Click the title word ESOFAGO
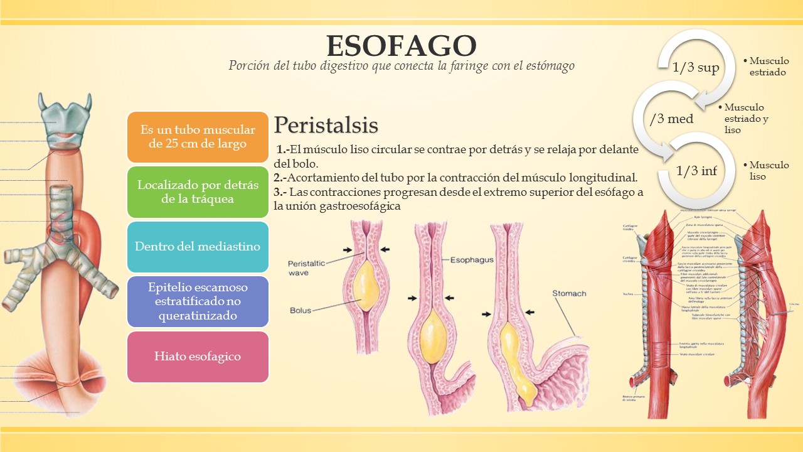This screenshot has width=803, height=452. (401, 46)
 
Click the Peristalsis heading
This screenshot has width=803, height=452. (326, 125)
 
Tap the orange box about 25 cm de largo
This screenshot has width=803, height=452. (198, 136)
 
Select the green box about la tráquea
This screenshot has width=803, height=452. (198, 192)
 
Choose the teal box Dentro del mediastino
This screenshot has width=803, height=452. (198, 246)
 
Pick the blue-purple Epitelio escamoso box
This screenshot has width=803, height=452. (198, 301)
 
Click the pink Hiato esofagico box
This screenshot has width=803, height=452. (198, 357)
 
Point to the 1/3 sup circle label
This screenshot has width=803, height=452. (695, 68)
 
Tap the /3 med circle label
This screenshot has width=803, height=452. (671, 119)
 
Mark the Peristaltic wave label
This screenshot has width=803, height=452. (307, 268)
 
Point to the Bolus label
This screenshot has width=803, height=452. (300, 310)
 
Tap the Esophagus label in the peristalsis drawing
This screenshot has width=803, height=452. (471, 259)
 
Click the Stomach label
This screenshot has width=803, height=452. (569, 293)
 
